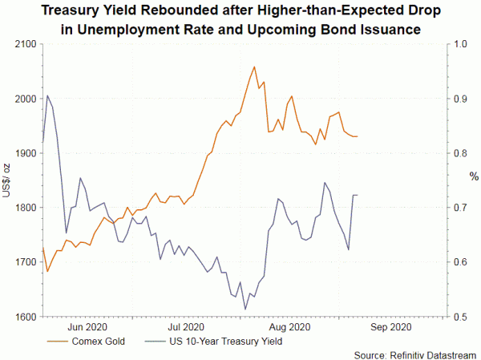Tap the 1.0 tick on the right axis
point(460,44)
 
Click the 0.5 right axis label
point(460,317)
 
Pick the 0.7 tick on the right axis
point(460,208)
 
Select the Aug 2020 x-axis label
point(288,327)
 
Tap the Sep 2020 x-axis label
point(390,327)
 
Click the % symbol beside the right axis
point(473,176)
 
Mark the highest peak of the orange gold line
point(254,67)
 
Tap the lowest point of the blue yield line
point(245,309)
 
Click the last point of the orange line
point(358,136)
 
